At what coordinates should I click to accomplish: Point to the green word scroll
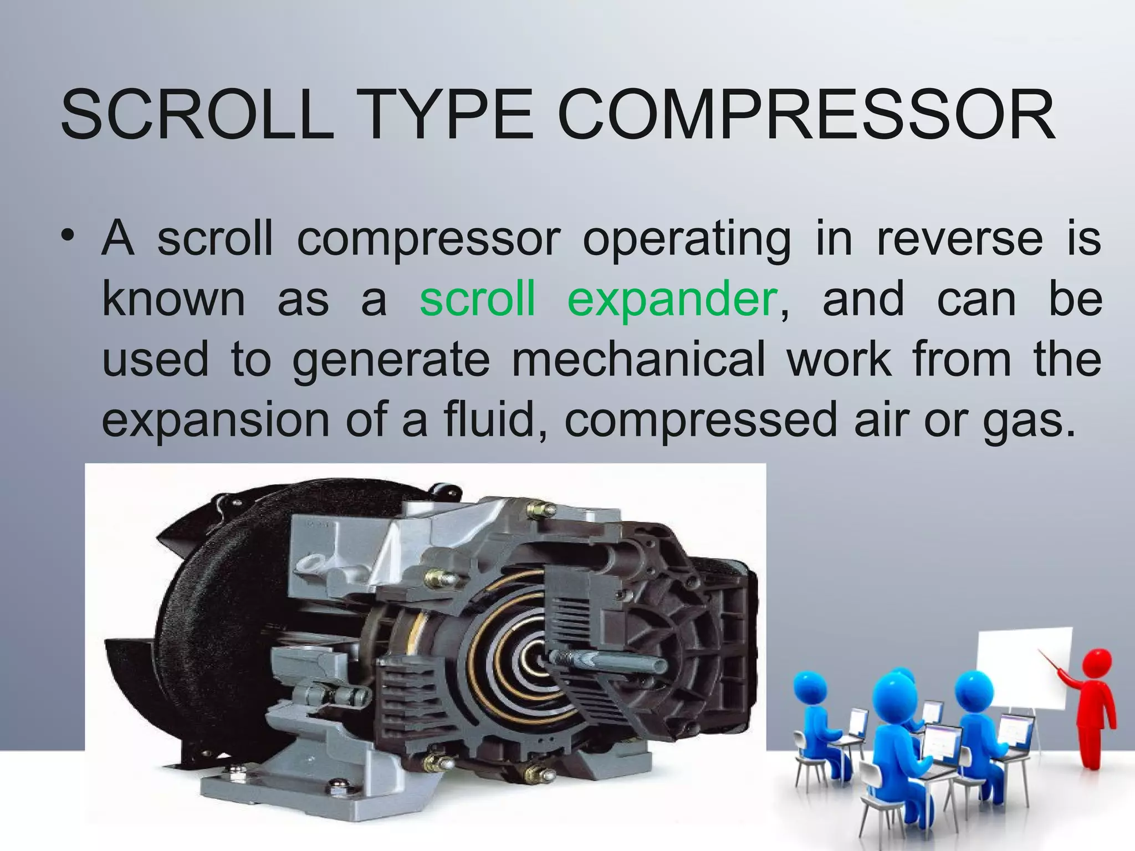[x=477, y=299]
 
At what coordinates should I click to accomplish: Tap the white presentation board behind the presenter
[x=1020, y=670]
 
